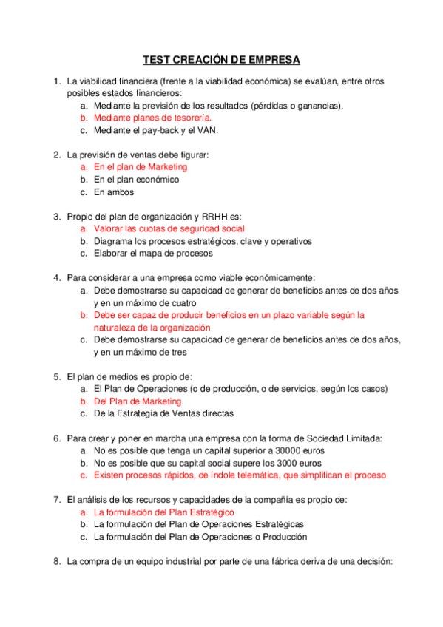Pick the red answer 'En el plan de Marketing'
coord(141,167)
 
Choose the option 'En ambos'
coord(114,192)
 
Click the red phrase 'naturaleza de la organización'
coord(152,327)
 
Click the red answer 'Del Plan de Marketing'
coord(138,401)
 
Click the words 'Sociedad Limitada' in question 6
coord(345,438)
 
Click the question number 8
coord(56,562)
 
